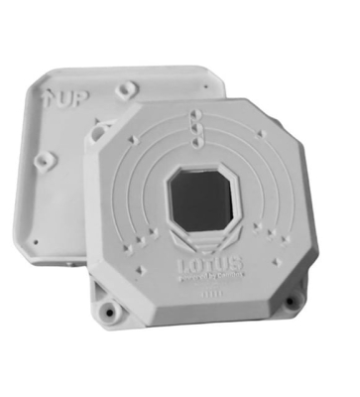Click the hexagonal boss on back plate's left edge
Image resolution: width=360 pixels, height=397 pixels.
tap(43, 158)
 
